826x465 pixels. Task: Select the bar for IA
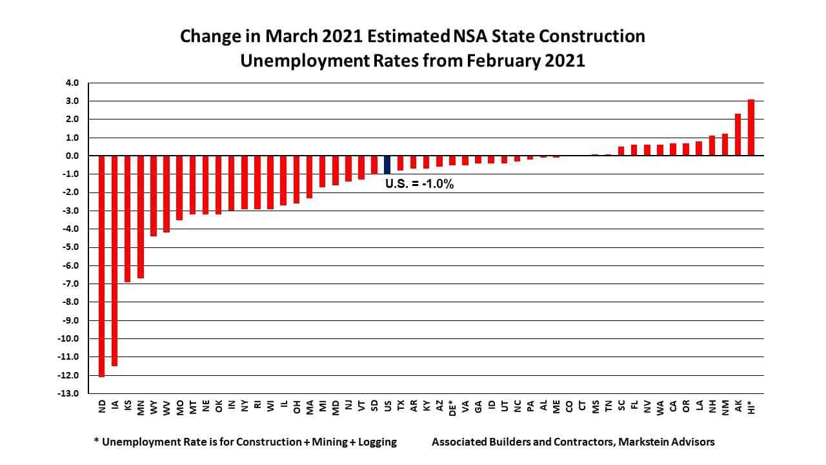pyautogui.click(x=115, y=261)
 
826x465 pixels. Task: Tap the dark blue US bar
pyautogui.click(x=387, y=165)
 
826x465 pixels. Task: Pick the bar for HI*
pyautogui.click(x=751, y=128)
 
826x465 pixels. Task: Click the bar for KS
pyautogui.click(x=128, y=219)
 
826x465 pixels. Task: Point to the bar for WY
pyautogui.click(x=154, y=196)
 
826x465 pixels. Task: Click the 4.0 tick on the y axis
pyautogui.click(x=71, y=83)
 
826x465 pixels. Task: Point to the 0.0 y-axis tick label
pyautogui.click(x=71, y=156)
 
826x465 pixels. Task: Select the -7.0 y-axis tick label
pyautogui.click(x=70, y=284)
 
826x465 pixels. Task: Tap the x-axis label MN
pyautogui.click(x=141, y=406)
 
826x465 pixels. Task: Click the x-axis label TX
pyautogui.click(x=401, y=406)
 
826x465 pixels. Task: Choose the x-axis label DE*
pyautogui.click(x=452, y=408)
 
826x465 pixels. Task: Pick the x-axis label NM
pyautogui.click(x=725, y=406)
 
